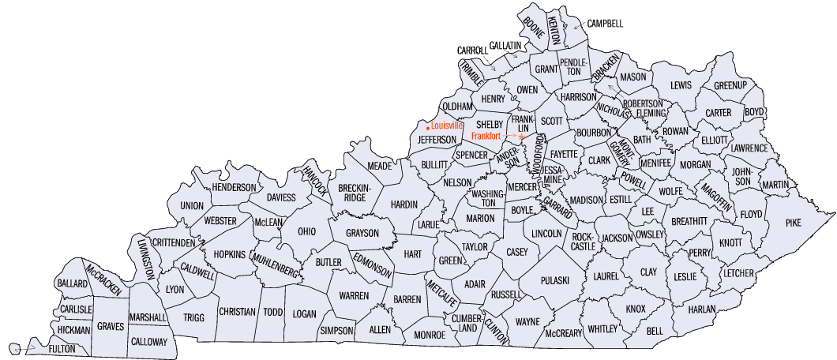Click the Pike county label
793,223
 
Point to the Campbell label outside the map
604,24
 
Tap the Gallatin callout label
506,46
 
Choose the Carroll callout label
473,51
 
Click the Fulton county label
62,348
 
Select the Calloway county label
148,342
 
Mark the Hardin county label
403,204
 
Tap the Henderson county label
235,187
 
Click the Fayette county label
565,153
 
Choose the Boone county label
535,27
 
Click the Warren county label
354,295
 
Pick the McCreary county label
563,333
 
